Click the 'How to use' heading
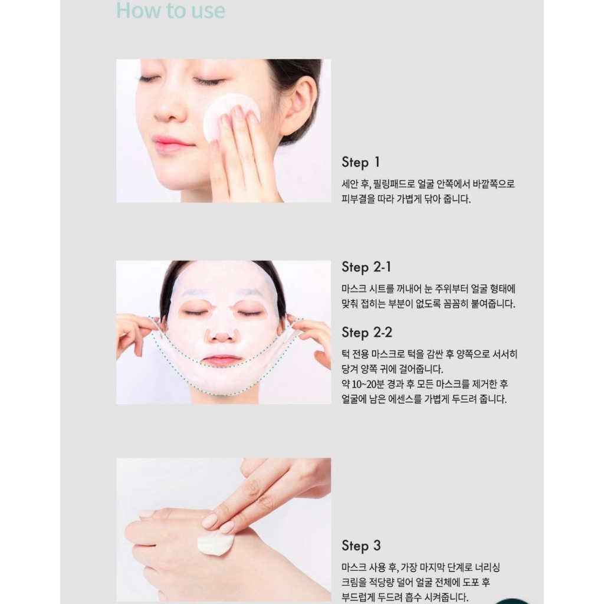pos(170,10)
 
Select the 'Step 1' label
pos(361,163)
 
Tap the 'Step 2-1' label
pos(366,267)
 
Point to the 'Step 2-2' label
pos(367,333)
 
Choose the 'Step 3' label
pos(361,546)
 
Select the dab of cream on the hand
pos(214,543)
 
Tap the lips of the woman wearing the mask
pos(222,360)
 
